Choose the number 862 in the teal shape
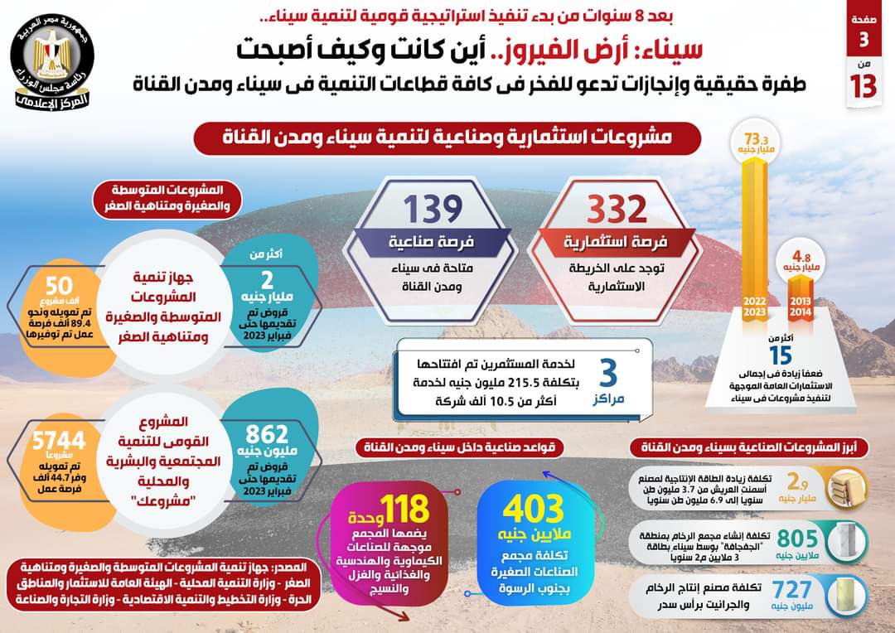pos(268,432)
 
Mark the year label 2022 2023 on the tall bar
pos(754,304)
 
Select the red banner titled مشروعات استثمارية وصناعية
pos(447,138)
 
